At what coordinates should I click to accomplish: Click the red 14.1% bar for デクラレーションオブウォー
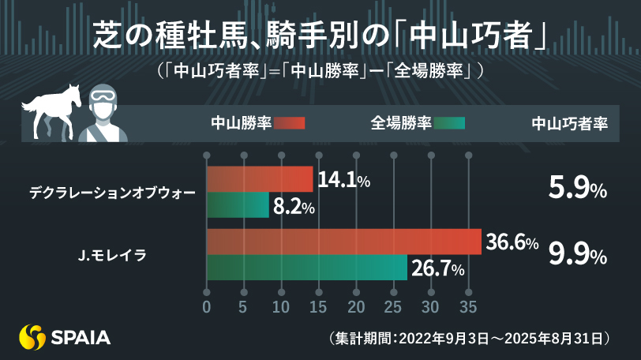tap(260, 180)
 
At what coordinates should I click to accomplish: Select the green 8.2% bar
tap(238, 206)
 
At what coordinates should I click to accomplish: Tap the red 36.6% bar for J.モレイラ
tap(343, 242)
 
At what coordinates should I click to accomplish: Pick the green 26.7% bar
tap(306, 268)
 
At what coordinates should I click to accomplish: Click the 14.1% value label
tap(343, 181)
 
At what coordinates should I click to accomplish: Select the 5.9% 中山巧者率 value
tap(577, 190)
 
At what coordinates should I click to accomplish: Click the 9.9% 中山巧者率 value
tap(577, 255)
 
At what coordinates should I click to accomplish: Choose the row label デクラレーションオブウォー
tap(111, 192)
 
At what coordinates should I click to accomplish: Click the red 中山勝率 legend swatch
tap(290, 123)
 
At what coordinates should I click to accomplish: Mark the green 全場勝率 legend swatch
tap(450, 123)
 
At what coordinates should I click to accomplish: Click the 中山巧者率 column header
tap(568, 123)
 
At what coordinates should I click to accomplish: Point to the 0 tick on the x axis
tap(207, 306)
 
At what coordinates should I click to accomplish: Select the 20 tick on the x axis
tap(357, 306)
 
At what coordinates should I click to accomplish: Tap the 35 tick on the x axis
tap(469, 306)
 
